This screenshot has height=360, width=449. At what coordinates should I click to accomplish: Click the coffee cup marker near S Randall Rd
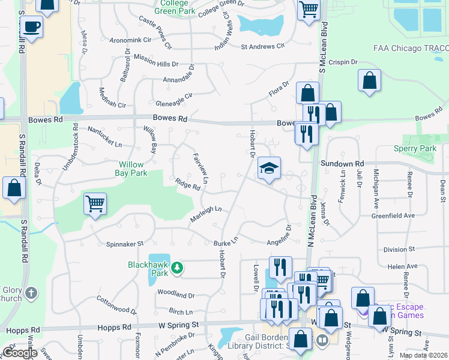click(x=32, y=26)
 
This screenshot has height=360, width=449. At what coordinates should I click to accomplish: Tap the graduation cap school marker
click(x=270, y=169)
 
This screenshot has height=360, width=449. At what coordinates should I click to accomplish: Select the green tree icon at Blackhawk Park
click(x=177, y=267)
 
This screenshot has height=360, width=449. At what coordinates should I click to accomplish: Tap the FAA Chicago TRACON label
click(x=410, y=48)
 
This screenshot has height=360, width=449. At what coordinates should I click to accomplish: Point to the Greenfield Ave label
click(x=393, y=215)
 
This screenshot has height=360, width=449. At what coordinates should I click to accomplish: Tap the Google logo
click(x=19, y=352)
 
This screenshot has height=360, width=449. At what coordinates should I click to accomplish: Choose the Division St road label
click(x=399, y=250)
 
